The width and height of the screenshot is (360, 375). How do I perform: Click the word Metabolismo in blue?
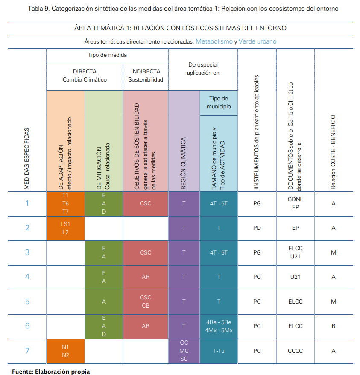point(214,41)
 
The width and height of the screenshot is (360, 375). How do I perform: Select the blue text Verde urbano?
point(258,41)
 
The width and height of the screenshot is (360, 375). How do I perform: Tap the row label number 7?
point(27,351)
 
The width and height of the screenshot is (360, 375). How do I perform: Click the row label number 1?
point(27,203)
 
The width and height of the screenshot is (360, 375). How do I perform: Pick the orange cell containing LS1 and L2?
point(65,228)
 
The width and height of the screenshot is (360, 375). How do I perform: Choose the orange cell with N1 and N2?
point(65,351)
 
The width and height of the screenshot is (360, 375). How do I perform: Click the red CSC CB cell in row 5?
point(146,302)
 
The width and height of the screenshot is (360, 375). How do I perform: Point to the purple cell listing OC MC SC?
point(184,351)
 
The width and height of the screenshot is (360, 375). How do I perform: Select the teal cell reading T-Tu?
point(219,351)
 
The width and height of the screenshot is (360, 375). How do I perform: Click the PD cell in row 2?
point(257,228)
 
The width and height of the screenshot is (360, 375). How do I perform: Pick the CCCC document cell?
point(295,351)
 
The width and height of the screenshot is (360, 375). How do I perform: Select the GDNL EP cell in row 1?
point(295,203)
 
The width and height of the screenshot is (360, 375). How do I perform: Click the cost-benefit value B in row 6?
point(334,326)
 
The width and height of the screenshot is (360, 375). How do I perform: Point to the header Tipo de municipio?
point(219,103)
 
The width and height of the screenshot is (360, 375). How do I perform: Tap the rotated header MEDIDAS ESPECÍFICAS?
point(27,158)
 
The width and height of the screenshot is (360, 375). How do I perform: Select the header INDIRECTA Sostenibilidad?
point(145,76)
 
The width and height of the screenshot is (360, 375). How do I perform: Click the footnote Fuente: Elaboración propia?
point(51,371)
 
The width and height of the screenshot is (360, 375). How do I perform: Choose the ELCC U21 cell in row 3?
point(295,252)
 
